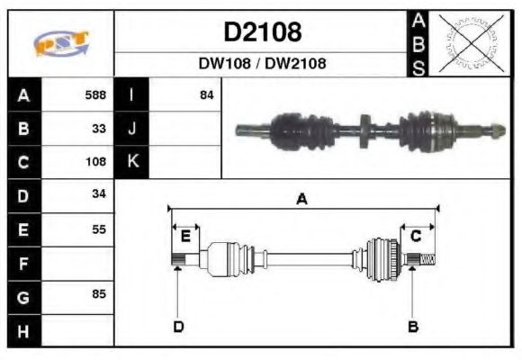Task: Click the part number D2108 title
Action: [x=262, y=32]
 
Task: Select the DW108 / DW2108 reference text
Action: [x=262, y=64]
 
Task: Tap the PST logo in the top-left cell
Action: [x=60, y=43]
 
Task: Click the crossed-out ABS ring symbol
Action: [x=470, y=43]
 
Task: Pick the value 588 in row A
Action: [x=95, y=94]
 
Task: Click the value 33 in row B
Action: [x=99, y=128]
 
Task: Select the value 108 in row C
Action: [x=95, y=162]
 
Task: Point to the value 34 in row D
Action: [x=99, y=195]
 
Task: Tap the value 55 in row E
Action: [x=99, y=229]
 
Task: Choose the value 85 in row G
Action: [x=99, y=294]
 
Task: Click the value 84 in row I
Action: [x=206, y=94]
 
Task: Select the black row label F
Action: [x=23, y=263]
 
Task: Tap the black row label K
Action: [x=132, y=162]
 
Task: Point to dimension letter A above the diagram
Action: [x=302, y=199]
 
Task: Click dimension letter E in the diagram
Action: [x=185, y=236]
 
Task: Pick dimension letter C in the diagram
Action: [x=417, y=236]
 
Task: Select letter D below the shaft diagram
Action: [x=177, y=327]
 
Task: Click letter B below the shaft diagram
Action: [x=412, y=327]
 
